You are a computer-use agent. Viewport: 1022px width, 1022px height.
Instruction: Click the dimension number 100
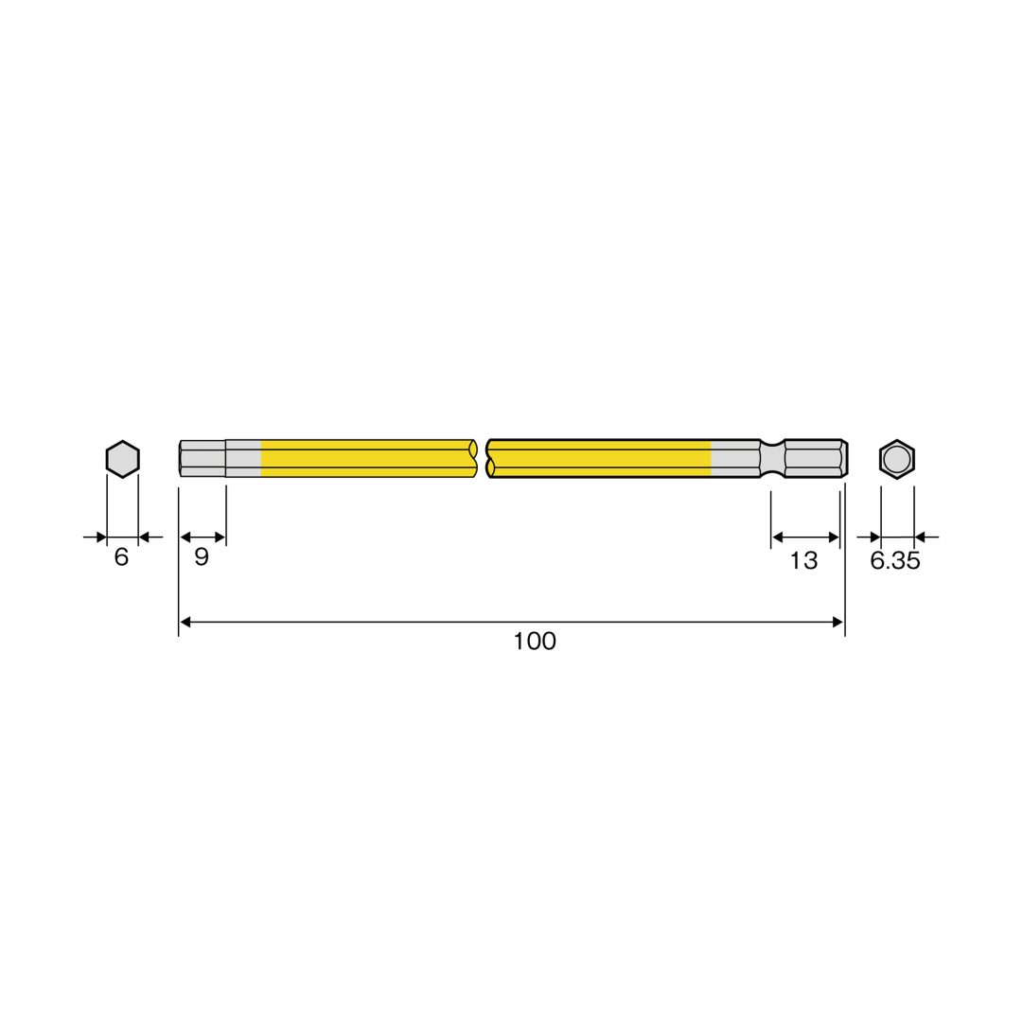click(535, 642)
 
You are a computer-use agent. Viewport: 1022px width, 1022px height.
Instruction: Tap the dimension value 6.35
click(895, 560)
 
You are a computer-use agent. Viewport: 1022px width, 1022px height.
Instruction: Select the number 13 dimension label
click(803, 560)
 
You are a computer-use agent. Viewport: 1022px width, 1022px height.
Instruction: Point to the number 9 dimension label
click(202, 556)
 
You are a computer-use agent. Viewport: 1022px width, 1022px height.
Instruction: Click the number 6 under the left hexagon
click(121, 556)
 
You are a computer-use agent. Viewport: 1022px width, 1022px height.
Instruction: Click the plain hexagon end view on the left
click(122, 459)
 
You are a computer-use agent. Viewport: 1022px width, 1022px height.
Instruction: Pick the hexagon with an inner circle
click(897, 459)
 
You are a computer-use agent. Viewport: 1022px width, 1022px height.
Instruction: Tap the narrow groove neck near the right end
click(772, 459)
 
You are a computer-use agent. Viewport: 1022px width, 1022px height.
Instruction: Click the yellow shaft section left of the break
click(367, 459)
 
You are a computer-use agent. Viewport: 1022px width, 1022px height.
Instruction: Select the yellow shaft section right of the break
click(598, 459)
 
